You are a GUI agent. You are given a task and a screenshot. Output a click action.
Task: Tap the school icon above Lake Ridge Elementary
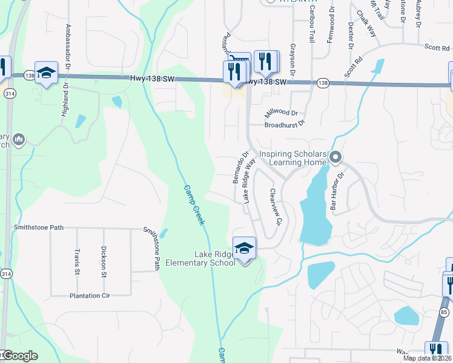[244, 249]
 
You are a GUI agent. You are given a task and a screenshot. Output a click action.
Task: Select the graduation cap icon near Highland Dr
[46, 73]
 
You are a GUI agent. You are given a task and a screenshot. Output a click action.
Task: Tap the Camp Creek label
[193, 204]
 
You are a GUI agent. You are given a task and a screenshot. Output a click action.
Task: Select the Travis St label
[77, 261]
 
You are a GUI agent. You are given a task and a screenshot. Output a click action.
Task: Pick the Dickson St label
[104, 258]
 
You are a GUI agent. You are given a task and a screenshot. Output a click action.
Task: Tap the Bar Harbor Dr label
[337, 191]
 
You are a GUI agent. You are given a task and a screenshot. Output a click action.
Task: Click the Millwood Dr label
[282, 113]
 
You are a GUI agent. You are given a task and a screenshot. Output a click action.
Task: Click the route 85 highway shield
[444, 312]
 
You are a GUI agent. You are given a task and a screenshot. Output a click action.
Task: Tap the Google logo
[19, 356]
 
